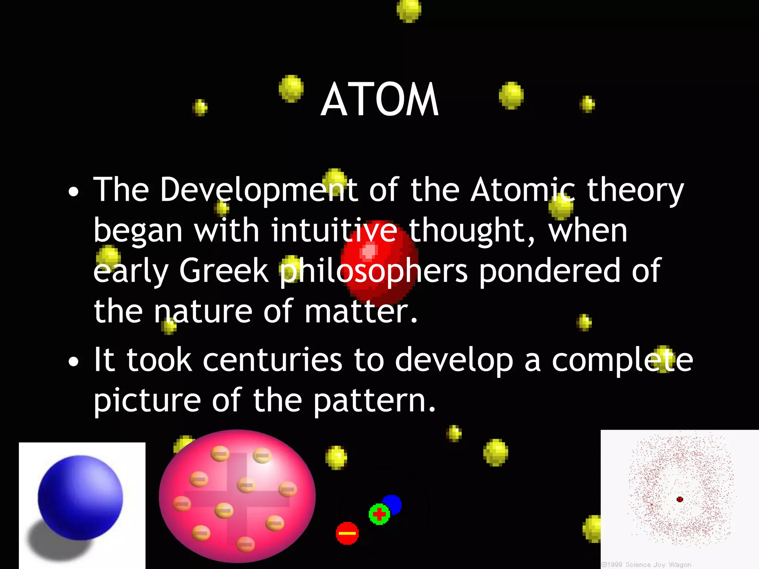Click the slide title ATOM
click(x=379, y=99)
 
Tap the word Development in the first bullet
click(x=259, y=190)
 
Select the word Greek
click(x=223, y=270)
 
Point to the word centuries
click(x=272, y=360)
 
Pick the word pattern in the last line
click(x=374, y=401)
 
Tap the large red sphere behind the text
click(x=380, y=259)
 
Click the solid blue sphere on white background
click(x=80, y=497)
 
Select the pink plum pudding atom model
click(x=237, y=496)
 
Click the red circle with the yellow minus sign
click(x=347, y=533)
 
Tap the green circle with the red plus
click(x=379, y=514)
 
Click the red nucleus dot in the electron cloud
click(x=680, y=499)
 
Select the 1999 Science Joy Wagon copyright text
click(x=646, y=565)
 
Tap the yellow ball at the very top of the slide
click(x=409, y=10)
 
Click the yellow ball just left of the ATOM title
click(x=291, y=88)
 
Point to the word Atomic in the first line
click(x=523, y=190)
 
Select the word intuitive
click(x=334, y=230)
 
